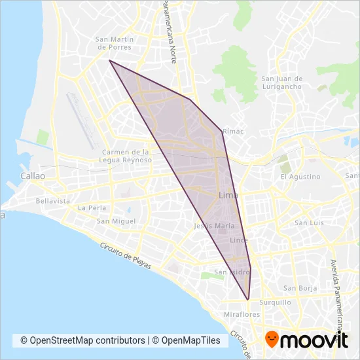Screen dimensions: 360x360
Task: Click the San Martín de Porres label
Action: [x=115, y=43]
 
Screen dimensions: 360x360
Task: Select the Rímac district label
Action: [x=233, y=131]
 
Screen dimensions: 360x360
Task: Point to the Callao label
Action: [x=32, y=176]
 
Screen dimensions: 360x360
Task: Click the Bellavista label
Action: [x=53, y=201]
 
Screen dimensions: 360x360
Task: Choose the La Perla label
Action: [x=92, y=207]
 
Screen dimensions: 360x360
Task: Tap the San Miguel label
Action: [x=116, y=221]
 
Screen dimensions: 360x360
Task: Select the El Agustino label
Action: [x=300, y=177]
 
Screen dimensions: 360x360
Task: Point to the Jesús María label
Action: [x=209, y=226]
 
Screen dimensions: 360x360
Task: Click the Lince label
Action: [x=238, y=241]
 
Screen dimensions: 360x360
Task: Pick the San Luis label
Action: [x=309, y=223]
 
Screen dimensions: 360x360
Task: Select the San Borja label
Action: [x=300, y=287]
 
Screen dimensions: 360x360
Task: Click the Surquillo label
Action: [x=274, y=302]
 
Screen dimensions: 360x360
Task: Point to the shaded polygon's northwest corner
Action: [x=109, y=60]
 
